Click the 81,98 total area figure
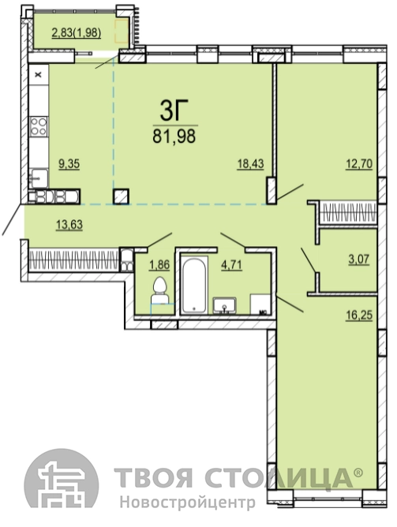point(174,136)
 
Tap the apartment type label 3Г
point(174,110)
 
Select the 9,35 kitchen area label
point(69,164)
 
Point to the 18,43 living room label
point(250,164)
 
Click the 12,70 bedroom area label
point(359,164)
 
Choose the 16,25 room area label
point(359,316)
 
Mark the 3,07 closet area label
point(359,260)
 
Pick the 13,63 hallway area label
point(69,224)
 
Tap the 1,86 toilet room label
point(159,265)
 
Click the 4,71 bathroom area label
point(231,265)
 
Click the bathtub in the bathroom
point(194,284)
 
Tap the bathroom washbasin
point(225,305)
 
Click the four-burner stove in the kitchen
point(39,126)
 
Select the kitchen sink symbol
point(39,178)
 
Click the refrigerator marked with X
point(39,74)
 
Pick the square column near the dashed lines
point(121,196)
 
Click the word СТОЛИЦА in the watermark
point(279,477)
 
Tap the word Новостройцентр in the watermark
point(188,503)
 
